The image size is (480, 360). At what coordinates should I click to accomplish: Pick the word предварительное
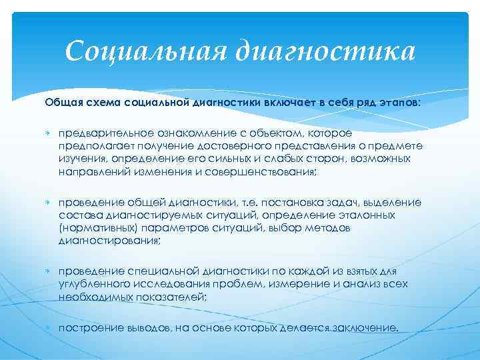click(96, 133)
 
